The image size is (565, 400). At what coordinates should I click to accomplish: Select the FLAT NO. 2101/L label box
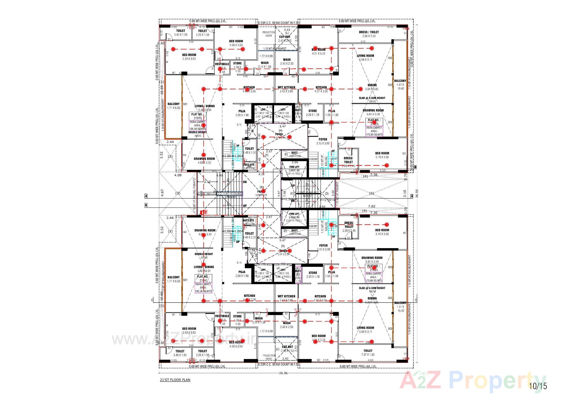pyautogui.click(x=198, y=116)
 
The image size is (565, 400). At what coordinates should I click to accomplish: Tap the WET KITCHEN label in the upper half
pyautogui.click(x=286, y=88)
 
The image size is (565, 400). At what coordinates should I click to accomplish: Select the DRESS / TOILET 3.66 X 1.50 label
pyautogui.click(x=369, y=34)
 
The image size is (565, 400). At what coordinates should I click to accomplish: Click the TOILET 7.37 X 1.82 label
pyautogui.click(x=368, y=353)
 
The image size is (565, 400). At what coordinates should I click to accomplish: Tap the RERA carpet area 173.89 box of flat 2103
pyautogui.click(x=373, y=277)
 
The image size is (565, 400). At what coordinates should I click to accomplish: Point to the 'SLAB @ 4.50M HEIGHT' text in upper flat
pyautogui.click(x=372, y=98)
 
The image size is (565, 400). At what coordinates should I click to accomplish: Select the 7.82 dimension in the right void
pyautogui.click(x=371, y=207)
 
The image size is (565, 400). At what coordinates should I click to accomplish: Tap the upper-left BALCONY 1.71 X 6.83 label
pyautogui.click(x=173, y=106)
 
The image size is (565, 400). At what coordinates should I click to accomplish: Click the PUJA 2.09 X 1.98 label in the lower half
pyautogui.click(x=242, y=274)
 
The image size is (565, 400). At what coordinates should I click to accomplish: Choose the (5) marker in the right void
pyautogui.click(x=371, y=193)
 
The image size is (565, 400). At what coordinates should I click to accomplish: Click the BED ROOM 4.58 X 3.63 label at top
pyautogui.click(x=236, y=43)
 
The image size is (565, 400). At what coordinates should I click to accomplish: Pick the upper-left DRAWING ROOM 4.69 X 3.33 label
pyautogui.click(x=204, y=160)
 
